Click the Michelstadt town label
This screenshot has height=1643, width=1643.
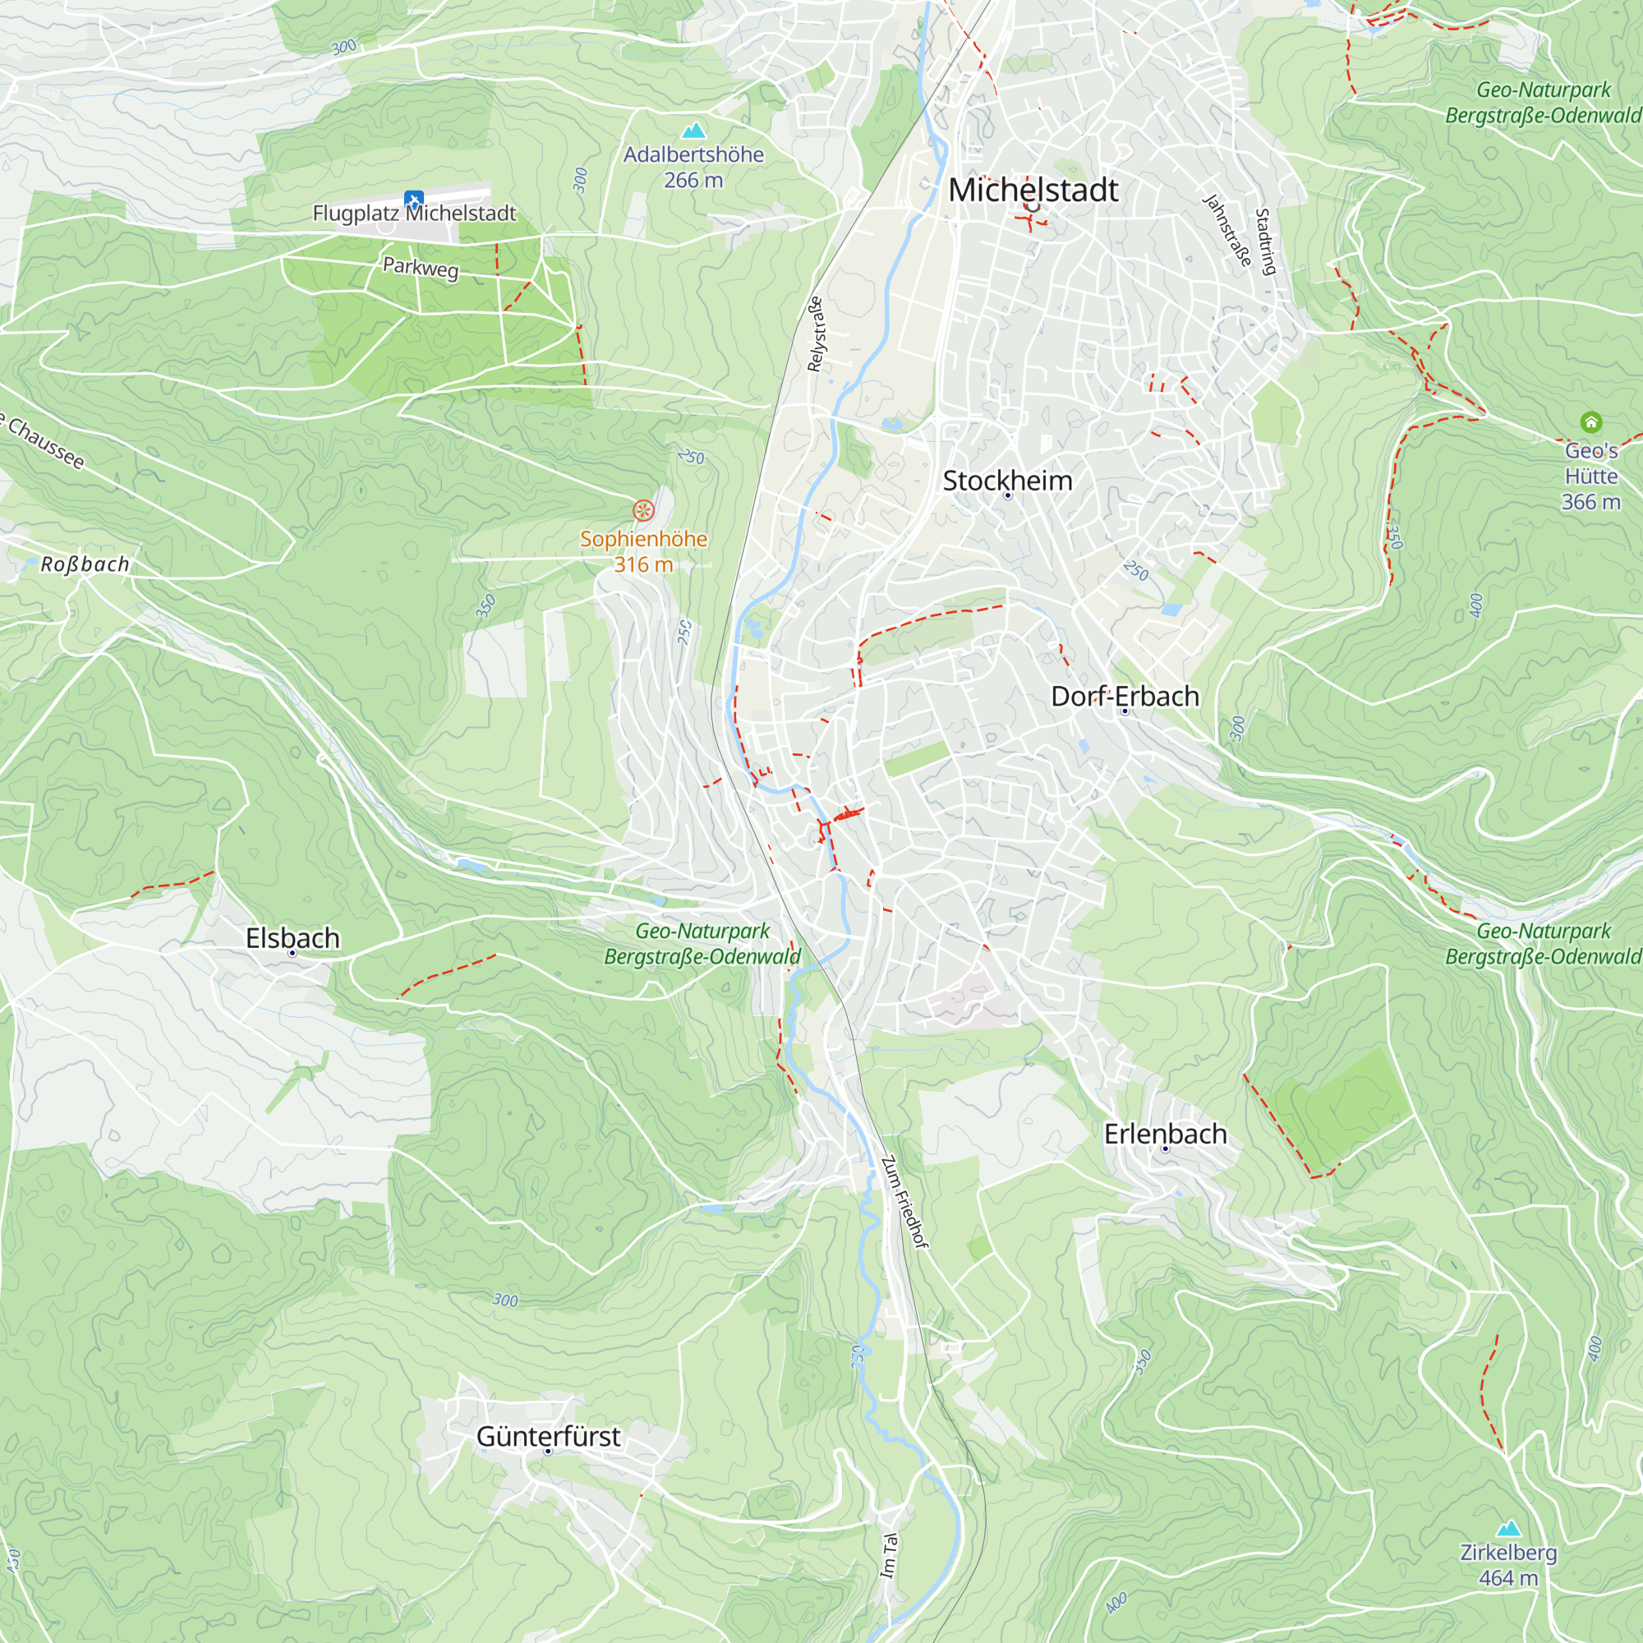pos(1033,190)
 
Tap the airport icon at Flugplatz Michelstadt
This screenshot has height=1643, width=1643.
pos(414,200)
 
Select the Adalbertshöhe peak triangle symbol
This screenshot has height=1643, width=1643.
pos(694,131)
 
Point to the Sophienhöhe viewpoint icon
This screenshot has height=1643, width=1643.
pos(644,510)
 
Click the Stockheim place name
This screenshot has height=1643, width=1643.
pos(1007,481)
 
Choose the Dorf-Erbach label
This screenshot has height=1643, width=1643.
pos(1125,696)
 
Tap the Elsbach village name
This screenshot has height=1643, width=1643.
pos(292,937)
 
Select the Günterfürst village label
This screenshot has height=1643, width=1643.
pos(548,1435)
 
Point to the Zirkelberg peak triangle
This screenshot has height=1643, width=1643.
pos(1507,1528)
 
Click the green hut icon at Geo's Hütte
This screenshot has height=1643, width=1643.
pos(1590,421)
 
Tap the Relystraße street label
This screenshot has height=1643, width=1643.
pos(816,334)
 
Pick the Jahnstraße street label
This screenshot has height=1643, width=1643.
pos(1227,230)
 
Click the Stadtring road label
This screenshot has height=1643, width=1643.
pos(1265,242)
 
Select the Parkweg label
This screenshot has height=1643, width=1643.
pos(420,268)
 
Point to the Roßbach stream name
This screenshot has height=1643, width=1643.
pos(85,564)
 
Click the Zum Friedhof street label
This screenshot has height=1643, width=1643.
pos(903,1202)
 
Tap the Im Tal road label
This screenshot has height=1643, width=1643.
pos(889,1555)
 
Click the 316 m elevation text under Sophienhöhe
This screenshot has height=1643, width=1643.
pos(643,564)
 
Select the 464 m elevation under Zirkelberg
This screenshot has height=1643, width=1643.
pos(1507,1577)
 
